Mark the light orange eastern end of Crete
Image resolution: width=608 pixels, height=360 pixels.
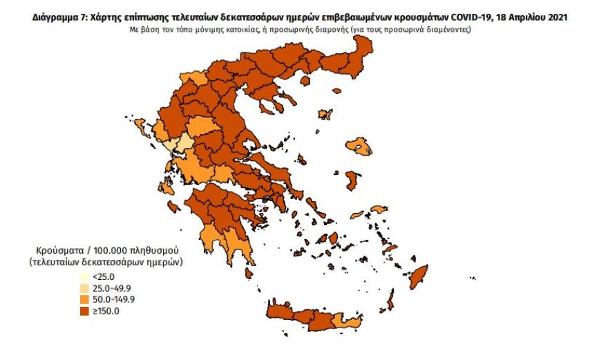(x=343, y=321)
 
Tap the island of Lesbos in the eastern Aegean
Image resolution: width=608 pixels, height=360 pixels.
(x=359, y=146)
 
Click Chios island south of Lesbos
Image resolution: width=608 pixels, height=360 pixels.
(x=352, y=181)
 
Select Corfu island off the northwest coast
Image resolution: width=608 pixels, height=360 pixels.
(x=144, y=126)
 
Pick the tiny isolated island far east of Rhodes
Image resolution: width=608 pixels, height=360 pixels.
(x=472, y=278)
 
